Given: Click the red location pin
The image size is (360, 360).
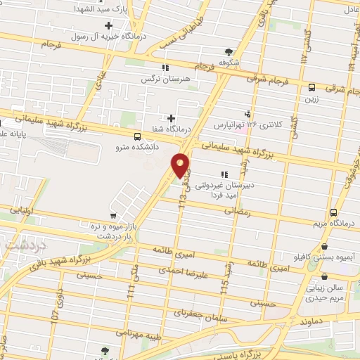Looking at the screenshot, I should [x=181, y=165].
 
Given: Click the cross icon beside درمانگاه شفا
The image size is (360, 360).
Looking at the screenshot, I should [x=171, y=118].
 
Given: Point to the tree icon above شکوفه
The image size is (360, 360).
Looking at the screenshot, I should [x=229, y=51].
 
